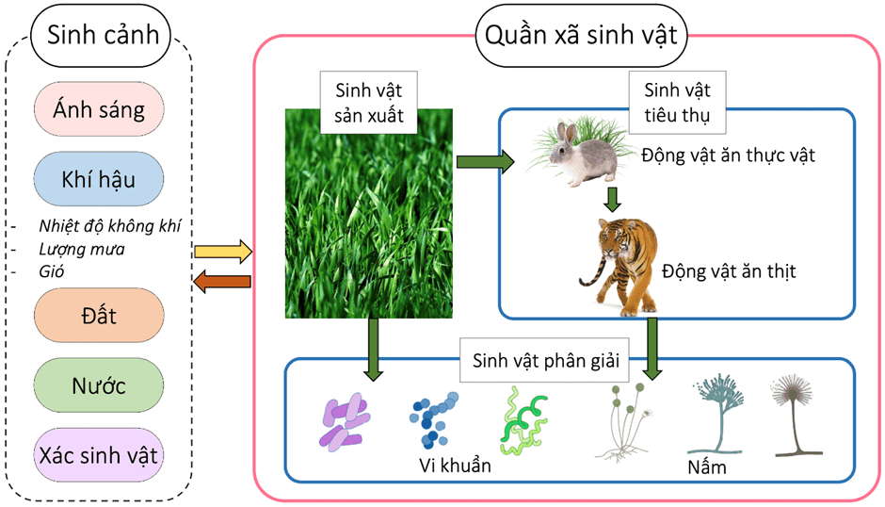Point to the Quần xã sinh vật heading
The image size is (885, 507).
click(582, 38)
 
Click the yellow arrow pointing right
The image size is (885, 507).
click(222, 252)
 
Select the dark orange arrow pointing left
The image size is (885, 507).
click(222, 281)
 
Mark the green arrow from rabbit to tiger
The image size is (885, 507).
click(613, 199)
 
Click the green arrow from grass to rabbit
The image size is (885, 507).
click(484, 162)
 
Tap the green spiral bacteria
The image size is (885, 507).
click(523, 419)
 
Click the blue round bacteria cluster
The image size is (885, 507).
click(433, 418)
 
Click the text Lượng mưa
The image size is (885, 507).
click(82, 250)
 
